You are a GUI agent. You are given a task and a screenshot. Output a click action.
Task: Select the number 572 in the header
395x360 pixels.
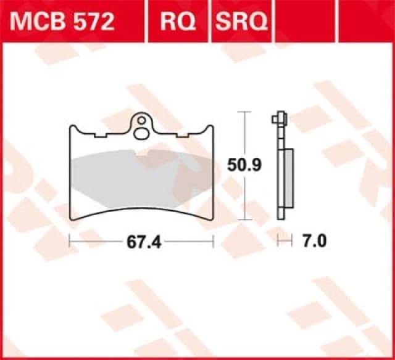pos(93,22)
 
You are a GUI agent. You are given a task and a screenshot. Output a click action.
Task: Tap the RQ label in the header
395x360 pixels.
pos(179,22)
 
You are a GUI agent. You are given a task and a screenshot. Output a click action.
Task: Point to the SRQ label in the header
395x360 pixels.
pos(241,22)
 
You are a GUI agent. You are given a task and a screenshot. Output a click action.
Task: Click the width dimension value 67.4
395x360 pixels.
pos(144,242)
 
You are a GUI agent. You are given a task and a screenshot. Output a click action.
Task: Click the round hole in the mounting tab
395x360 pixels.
pos(142,119)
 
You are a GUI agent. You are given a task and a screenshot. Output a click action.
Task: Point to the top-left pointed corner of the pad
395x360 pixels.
pos(70,128)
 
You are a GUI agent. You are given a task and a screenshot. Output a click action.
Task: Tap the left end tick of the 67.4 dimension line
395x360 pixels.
pos(69,242)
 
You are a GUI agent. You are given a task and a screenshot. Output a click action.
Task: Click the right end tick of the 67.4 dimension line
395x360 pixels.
pos(213,242)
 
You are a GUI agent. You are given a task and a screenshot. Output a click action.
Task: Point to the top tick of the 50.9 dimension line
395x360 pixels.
pos(246,113)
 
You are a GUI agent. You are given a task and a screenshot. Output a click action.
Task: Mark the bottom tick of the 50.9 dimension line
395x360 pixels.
pos(246,219)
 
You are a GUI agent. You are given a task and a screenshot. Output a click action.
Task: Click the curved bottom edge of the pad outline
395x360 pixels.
pos(142,212)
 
